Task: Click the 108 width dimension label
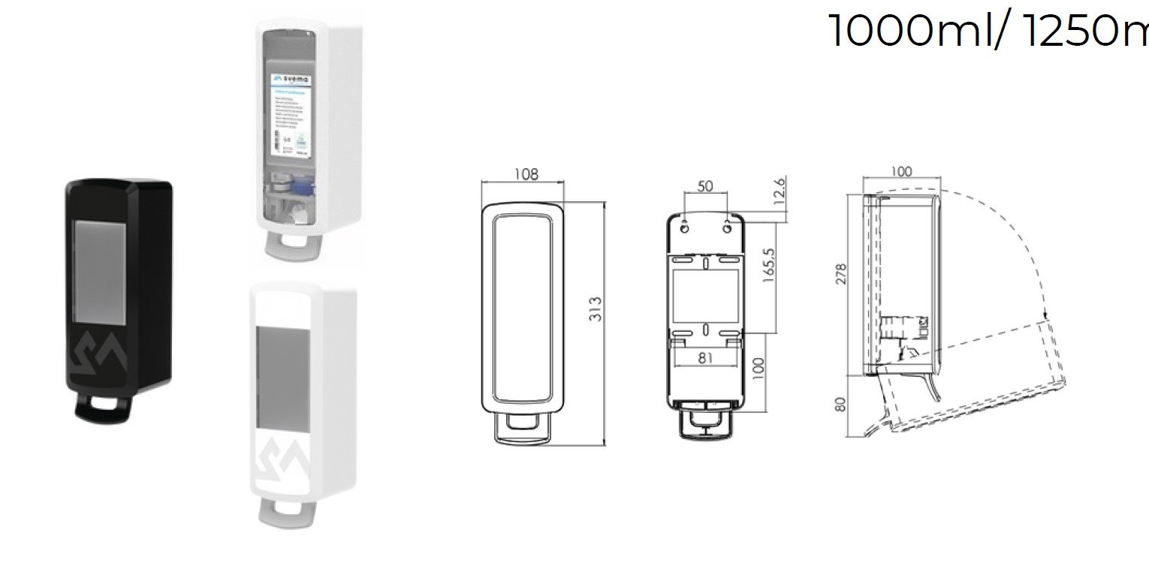pyautogui.click(x=526, y=174)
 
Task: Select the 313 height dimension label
pyautogui.click(x=596, y=309)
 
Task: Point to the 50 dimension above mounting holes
pyautogui.click(x=705, y=186)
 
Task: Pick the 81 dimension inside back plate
pyautogui.click(x=705, y=358)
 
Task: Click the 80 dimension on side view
pyautogui.click(x=840, y=404)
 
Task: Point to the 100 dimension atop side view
pyautogui.click(x=900, y=172)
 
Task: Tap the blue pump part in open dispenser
pyautogui.click(x=304, y=185)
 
